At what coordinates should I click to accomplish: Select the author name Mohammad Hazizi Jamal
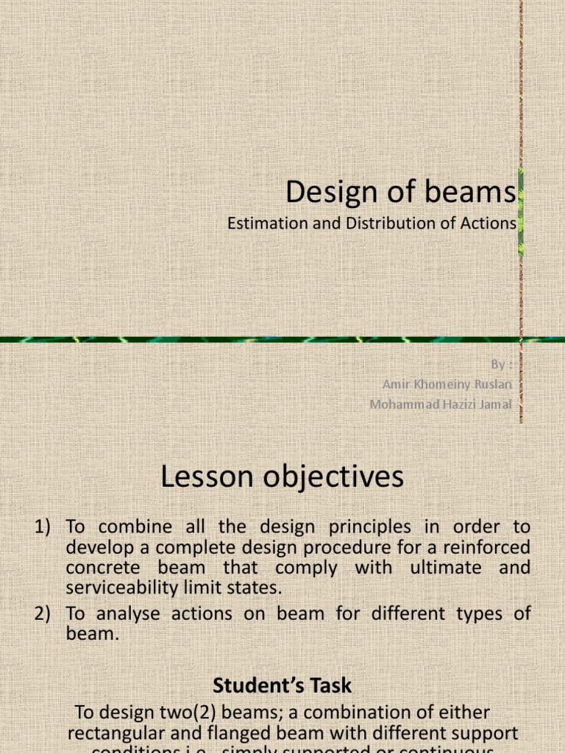click(x=441, y=404)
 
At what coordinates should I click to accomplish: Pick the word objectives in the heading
click(x=333, y=478)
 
